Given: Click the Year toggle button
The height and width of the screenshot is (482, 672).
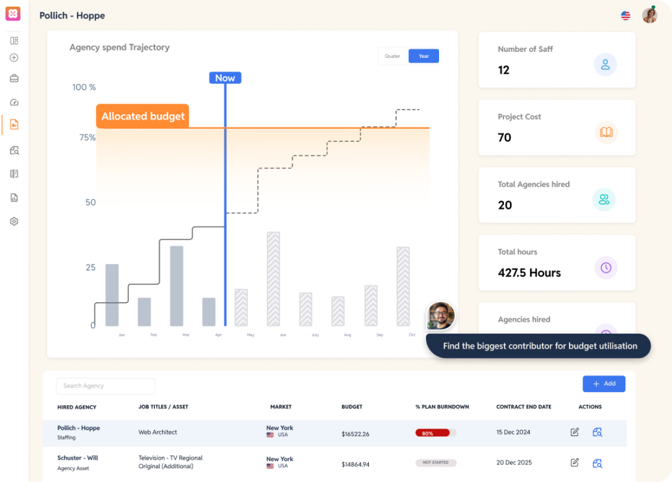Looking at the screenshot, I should (424, 56).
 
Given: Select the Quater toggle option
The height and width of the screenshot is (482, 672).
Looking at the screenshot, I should (392, 56).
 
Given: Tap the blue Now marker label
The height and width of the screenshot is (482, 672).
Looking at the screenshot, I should (225, 78).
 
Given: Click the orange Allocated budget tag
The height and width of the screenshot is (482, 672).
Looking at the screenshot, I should (142, 116).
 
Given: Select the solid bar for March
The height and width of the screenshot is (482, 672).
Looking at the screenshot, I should (177, 286).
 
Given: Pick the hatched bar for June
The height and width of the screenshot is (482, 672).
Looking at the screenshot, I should (273, 278).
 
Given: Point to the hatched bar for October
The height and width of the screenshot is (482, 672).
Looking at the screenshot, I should (403, 286).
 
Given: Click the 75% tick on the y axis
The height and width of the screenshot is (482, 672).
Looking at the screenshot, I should (88, 138).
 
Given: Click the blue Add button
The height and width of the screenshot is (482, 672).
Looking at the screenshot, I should (604, 383).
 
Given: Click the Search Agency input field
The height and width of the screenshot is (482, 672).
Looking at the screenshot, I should (106, 386).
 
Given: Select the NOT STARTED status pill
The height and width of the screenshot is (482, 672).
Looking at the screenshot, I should (436, 463).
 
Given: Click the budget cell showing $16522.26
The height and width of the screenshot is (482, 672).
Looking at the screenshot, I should (355, 434).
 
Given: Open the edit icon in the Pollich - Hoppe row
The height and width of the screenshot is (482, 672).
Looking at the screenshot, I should (575, 432).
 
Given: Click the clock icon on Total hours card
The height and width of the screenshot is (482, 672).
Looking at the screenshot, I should (606, 267).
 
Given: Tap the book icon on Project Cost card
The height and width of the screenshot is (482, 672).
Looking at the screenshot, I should (606, 132).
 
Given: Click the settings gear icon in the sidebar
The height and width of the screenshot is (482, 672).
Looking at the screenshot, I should (14, 221).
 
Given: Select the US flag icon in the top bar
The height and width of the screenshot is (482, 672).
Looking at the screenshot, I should (626, 16).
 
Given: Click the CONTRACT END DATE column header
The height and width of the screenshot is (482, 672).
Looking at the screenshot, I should (524, 407).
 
